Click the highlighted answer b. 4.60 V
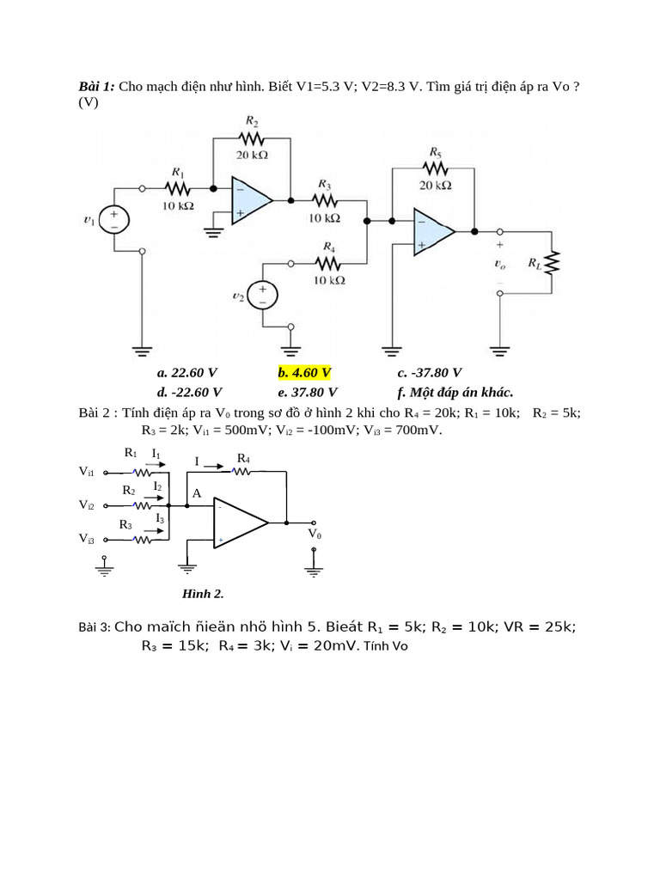point(303,372)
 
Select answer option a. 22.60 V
point(186,372)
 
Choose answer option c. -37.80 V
point(429,372)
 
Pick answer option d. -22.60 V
point(188,392)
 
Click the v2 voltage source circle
point(263,296)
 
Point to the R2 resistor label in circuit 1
point(251,123)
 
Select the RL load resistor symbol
point(553,262)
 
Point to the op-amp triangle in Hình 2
point(238,522)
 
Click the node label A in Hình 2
point(197,493)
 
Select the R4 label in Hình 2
point(243,458)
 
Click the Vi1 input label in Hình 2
point(87,471)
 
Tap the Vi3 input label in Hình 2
point(87,539)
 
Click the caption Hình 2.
point(203,593)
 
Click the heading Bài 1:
point(96,87)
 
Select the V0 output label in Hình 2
point(315,534)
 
